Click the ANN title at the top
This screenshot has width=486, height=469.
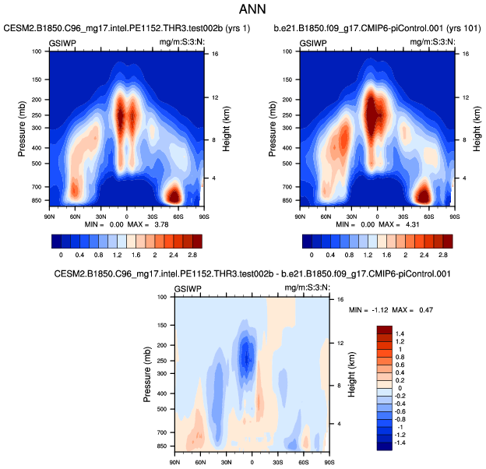pos(242,10)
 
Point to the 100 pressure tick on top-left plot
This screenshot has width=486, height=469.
pos(37,51)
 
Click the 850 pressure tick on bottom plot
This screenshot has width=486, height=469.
pos(162,447)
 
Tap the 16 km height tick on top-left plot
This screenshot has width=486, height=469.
pos(213,54)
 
